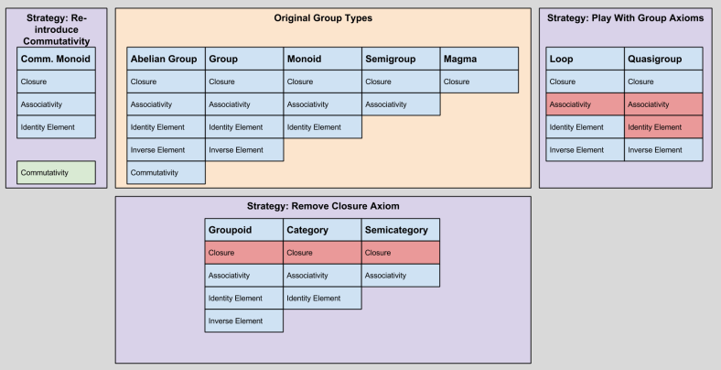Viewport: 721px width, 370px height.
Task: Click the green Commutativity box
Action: pos(56,172)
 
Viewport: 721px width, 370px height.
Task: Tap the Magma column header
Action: pos(479,59)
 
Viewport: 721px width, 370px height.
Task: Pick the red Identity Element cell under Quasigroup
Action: pos(663,127)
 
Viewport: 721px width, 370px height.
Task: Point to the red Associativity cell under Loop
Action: pos(585,104)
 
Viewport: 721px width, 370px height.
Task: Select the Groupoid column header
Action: pos(243,230)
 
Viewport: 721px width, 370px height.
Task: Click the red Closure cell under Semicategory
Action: pos(401,253)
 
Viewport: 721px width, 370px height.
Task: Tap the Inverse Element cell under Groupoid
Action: pos(243,321)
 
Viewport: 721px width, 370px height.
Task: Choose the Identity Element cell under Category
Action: pos(322,298)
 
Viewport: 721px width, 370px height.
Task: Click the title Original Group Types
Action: pos(323,18)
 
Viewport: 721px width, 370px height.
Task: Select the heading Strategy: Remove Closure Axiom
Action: pos(323,206)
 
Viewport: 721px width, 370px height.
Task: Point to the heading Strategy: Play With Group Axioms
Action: pos(625,18)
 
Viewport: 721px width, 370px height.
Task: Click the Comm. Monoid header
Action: pos(56,59)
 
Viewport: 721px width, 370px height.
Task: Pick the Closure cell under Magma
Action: pos(479,82)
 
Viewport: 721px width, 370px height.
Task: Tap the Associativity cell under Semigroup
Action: pos(401,104)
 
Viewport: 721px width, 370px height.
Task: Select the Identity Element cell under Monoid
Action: pos(322,127)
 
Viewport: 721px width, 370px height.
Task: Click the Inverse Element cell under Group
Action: pos(243,149)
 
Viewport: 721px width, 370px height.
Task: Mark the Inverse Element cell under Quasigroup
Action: pos(663,149)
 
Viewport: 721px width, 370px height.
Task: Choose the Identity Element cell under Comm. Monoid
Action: pos(56,127)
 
